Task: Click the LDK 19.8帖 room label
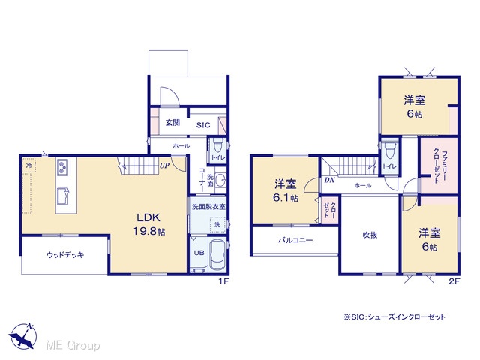point(148,224)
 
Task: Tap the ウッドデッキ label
point(65,255)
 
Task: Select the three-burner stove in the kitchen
point(63,167)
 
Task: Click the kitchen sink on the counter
point(63,196)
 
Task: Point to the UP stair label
point(164,166)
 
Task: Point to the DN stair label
point(329,180)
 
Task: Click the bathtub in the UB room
point(217,255)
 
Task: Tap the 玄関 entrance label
point(172,123)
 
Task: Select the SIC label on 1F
point(203,125)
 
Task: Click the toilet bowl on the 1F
point(217,146)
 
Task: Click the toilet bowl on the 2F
point(389,150)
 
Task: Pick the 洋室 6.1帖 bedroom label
point(285,191)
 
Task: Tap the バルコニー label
point(295,240)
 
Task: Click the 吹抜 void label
point(370,235)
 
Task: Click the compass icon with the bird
point(23,335)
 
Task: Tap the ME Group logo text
point(73,345)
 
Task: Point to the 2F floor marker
point(454,281)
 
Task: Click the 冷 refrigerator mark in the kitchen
point(28,166)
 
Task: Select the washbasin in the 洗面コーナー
point(220,179)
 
